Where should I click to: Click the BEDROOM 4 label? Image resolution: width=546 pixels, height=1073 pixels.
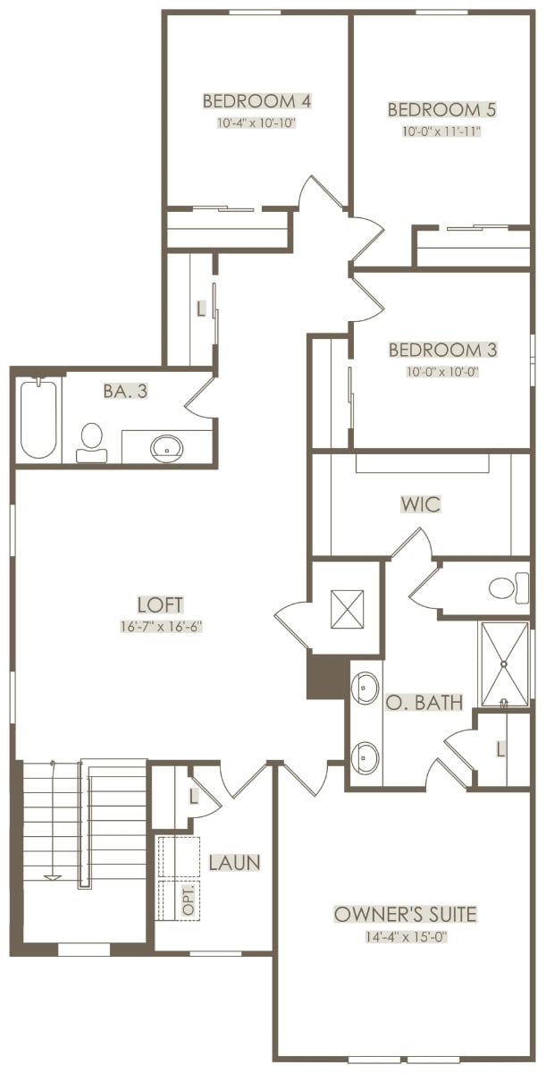tap(257, 101)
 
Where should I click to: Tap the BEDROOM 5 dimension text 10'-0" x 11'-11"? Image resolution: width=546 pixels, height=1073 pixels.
tap(441, 131)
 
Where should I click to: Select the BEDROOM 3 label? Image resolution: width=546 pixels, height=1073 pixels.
tap(442, 350)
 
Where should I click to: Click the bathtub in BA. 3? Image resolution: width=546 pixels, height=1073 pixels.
tap(38, 418)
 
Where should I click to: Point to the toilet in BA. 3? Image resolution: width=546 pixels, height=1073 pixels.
tap(91, 443)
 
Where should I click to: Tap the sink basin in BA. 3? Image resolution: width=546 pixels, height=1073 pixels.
tap(166, 448)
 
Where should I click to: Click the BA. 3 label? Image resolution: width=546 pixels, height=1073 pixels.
tap(125, 392)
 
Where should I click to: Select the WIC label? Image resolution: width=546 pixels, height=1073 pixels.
tap(421, 504)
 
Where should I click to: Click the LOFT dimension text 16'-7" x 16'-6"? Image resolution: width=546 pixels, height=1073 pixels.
tap(160, 627)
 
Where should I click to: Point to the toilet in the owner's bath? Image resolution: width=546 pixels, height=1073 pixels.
tap(508, 587)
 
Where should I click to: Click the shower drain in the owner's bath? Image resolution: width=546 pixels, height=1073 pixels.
tap(504, 663)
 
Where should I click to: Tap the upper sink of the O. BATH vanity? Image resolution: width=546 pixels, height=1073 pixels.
tap(365, 688)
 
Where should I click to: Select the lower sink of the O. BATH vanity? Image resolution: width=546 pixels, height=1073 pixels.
tap(365, 757)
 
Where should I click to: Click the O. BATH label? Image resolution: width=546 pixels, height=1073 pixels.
tap(424, 702)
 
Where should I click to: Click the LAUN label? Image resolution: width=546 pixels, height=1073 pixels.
tap(234, 863)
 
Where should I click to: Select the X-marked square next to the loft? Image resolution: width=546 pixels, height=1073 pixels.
tap(347, 608)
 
